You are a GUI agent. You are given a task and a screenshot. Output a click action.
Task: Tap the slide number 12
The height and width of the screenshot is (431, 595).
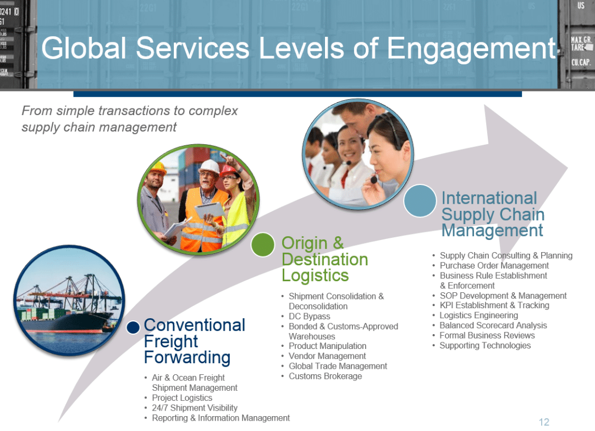pyautogui.click(x=544, y=422)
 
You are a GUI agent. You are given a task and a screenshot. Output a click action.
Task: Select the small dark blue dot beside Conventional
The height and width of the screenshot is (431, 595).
pyautogui.click(x=133, y=328)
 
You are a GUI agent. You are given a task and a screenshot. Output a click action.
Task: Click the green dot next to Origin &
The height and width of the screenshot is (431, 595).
pyautogui.click(x=263, y=244)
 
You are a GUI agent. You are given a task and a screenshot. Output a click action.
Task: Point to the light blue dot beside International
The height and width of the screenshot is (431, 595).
pyautogui.click(x=420, y=200)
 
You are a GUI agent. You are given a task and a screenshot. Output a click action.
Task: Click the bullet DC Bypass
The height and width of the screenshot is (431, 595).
pyautogui.click(x=309, y=317)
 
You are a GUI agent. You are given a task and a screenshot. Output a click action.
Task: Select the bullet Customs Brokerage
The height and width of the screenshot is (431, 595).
pyautogui.click(x=325, y=376)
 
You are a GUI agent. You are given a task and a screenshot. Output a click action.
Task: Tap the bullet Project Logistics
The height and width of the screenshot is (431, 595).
pyautogui.click(x=182, y=397)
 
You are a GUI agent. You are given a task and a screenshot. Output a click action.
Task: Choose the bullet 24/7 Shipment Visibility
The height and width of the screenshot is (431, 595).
pyautogui.click(x=195, y=408)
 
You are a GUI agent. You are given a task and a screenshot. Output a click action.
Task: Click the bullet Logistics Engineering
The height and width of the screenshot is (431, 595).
pyautogui.click(x=478, y=315)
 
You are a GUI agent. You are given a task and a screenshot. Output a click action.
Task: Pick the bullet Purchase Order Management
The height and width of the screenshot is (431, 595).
pyautogui.click(x=494, y=265)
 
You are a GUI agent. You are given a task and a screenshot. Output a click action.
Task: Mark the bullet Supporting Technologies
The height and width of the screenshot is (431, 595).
pyautogui.click(x=485, y=346)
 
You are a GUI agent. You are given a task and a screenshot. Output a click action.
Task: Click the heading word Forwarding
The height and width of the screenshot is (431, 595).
pyautogui.click(x=187, y=358)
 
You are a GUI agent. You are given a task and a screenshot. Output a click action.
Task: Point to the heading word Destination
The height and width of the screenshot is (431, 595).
pyautogui.click(x=325, y=260)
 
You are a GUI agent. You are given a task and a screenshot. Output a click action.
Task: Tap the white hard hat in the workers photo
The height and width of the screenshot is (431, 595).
pyautogui.click(x=210, y=166)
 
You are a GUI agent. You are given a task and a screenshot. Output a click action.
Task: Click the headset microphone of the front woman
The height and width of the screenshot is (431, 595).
pyautogui.click(x=374, y=179)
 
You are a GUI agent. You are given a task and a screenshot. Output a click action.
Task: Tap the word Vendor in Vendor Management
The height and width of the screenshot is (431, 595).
pyautogui.click(x=301, y=356)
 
